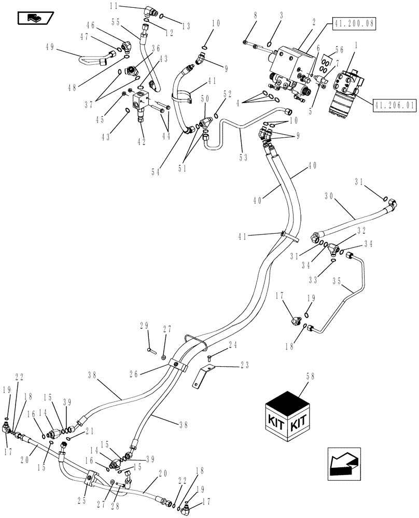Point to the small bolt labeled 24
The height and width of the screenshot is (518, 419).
[208, 357]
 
